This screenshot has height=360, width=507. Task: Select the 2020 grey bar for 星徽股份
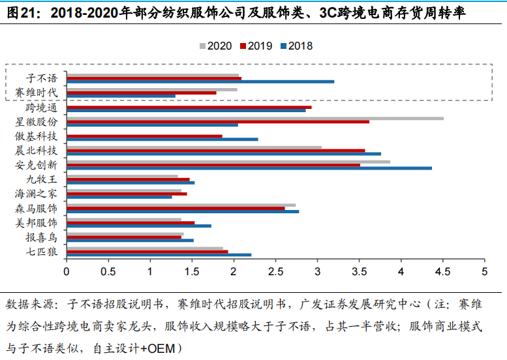tap(254, 118)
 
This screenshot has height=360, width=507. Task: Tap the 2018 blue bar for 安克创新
tap(249, 168)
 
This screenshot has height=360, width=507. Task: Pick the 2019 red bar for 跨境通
tap(189, 107)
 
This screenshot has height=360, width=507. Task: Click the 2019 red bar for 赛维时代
tap(141, 93)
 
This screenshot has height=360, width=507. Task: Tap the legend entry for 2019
tap(256, 46)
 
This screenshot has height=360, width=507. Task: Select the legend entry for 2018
tap(296, 46)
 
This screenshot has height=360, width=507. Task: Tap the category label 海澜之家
tap(37, 194)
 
